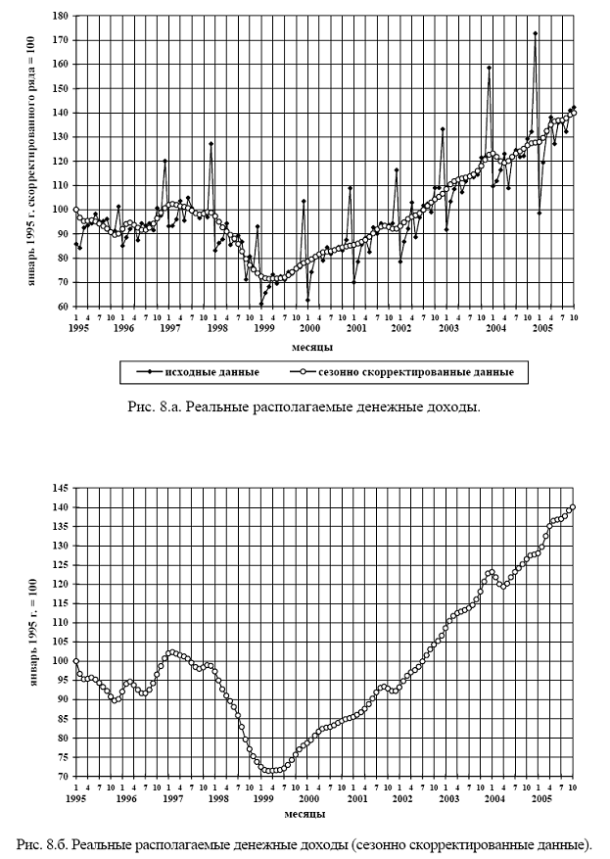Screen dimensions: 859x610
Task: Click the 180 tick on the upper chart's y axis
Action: pos(61,17)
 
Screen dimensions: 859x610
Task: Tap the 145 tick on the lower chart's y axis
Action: pos(61,488)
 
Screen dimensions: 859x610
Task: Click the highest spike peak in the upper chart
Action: pos(535,33)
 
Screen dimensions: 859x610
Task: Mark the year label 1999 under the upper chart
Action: pos(264,328)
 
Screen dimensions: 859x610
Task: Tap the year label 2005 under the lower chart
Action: pos(540,799)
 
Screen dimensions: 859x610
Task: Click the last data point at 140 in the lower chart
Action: pos(573,507)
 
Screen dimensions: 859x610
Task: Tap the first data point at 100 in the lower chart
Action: pos(75,661)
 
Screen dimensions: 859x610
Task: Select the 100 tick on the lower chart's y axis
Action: pos(61,661)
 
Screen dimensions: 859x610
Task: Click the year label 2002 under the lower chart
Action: pos(402,799)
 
